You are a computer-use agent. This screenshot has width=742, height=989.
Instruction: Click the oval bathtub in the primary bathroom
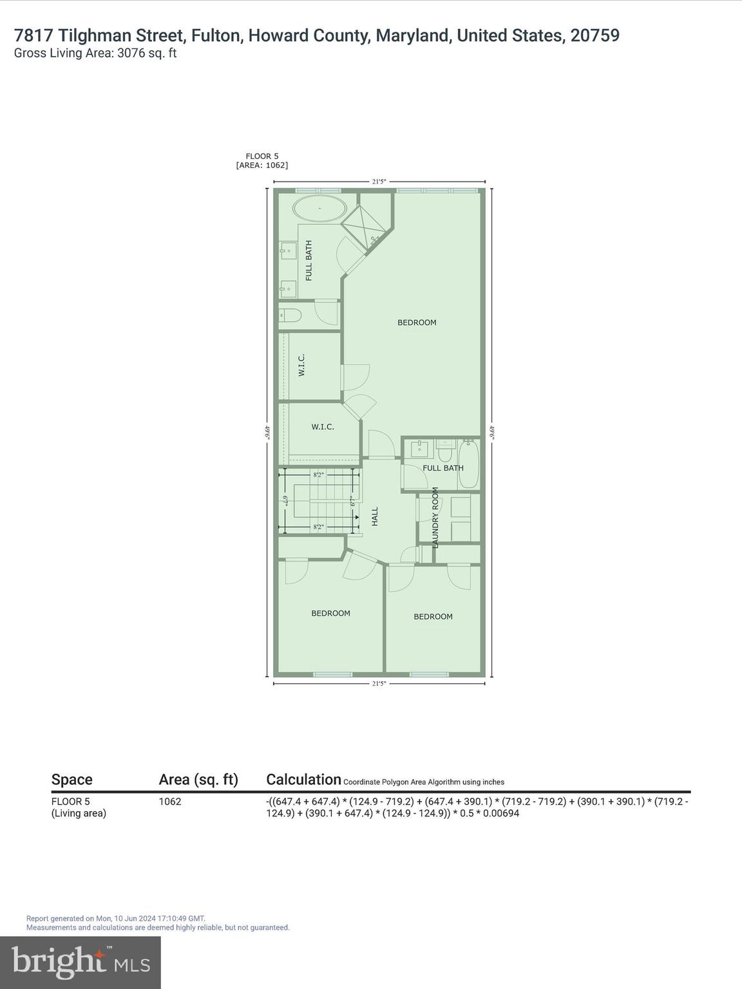[319, 209]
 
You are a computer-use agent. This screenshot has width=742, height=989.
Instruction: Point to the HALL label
[375, 516]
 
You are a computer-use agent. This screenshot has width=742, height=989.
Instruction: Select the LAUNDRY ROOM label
[435, 518]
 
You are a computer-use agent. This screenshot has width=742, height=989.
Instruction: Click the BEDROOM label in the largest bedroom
[417, 323]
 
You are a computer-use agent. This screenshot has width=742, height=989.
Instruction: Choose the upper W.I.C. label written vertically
[301, 365]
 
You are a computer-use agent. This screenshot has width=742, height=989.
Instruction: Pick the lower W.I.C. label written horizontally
[323, 427]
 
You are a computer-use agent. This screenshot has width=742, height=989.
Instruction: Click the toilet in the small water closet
[290, 316]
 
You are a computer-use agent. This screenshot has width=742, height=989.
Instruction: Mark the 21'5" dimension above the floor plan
[379, 182]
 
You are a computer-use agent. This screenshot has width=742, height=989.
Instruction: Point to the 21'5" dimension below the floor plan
[379, 683]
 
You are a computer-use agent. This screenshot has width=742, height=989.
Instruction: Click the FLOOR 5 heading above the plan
[262, 156]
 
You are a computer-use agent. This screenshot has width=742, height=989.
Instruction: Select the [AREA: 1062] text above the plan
[262, 165]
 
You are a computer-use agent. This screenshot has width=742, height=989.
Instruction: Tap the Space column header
[71, 780]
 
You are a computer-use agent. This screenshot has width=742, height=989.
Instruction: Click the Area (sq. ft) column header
[198, 780]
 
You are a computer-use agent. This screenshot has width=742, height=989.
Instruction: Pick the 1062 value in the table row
[170, 802]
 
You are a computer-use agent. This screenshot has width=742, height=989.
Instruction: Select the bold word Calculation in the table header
[303, 779]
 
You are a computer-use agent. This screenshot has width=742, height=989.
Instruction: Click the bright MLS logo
[81, 962]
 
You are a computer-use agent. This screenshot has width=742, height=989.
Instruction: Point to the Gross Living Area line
[95, 53]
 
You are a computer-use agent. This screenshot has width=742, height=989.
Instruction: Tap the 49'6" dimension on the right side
[492, 431]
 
